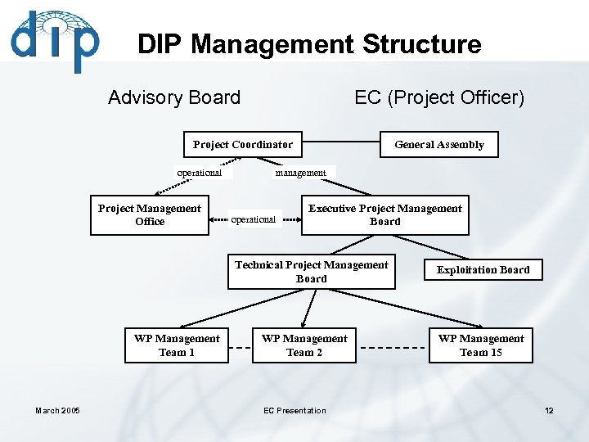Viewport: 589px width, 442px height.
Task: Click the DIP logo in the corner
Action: tap(54, 41)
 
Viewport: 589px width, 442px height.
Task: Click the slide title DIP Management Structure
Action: tap(309, 44)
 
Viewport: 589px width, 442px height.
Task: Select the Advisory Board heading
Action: tap(174, 97)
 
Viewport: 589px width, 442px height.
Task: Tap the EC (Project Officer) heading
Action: tap(439, 97)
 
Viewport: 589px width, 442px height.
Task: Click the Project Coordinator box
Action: tap(242, 145)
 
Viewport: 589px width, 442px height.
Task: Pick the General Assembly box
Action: tap(439, 145)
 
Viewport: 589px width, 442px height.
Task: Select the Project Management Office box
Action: tap(150, 215)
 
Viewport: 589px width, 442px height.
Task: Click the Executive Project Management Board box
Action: tap(384, 215)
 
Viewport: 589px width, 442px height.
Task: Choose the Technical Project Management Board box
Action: tap(311, 272)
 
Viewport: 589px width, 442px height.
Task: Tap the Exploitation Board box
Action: tap(483, 270)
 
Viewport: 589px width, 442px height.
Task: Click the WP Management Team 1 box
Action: tap(177, 345)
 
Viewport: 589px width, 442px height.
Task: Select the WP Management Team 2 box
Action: tap(304, 345)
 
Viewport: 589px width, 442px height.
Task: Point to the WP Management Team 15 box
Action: tap(481, 345)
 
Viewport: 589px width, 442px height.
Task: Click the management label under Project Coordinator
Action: tap(300, 173)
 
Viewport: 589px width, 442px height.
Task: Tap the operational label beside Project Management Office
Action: tap(253, 219)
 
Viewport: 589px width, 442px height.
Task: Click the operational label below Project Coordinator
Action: tap(200, 173)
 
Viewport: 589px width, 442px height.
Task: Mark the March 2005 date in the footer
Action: tap(57, 411)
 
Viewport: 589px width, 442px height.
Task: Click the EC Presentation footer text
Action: tap(294, 411)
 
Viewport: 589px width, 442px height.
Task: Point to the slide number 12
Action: tap(549, 411)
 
